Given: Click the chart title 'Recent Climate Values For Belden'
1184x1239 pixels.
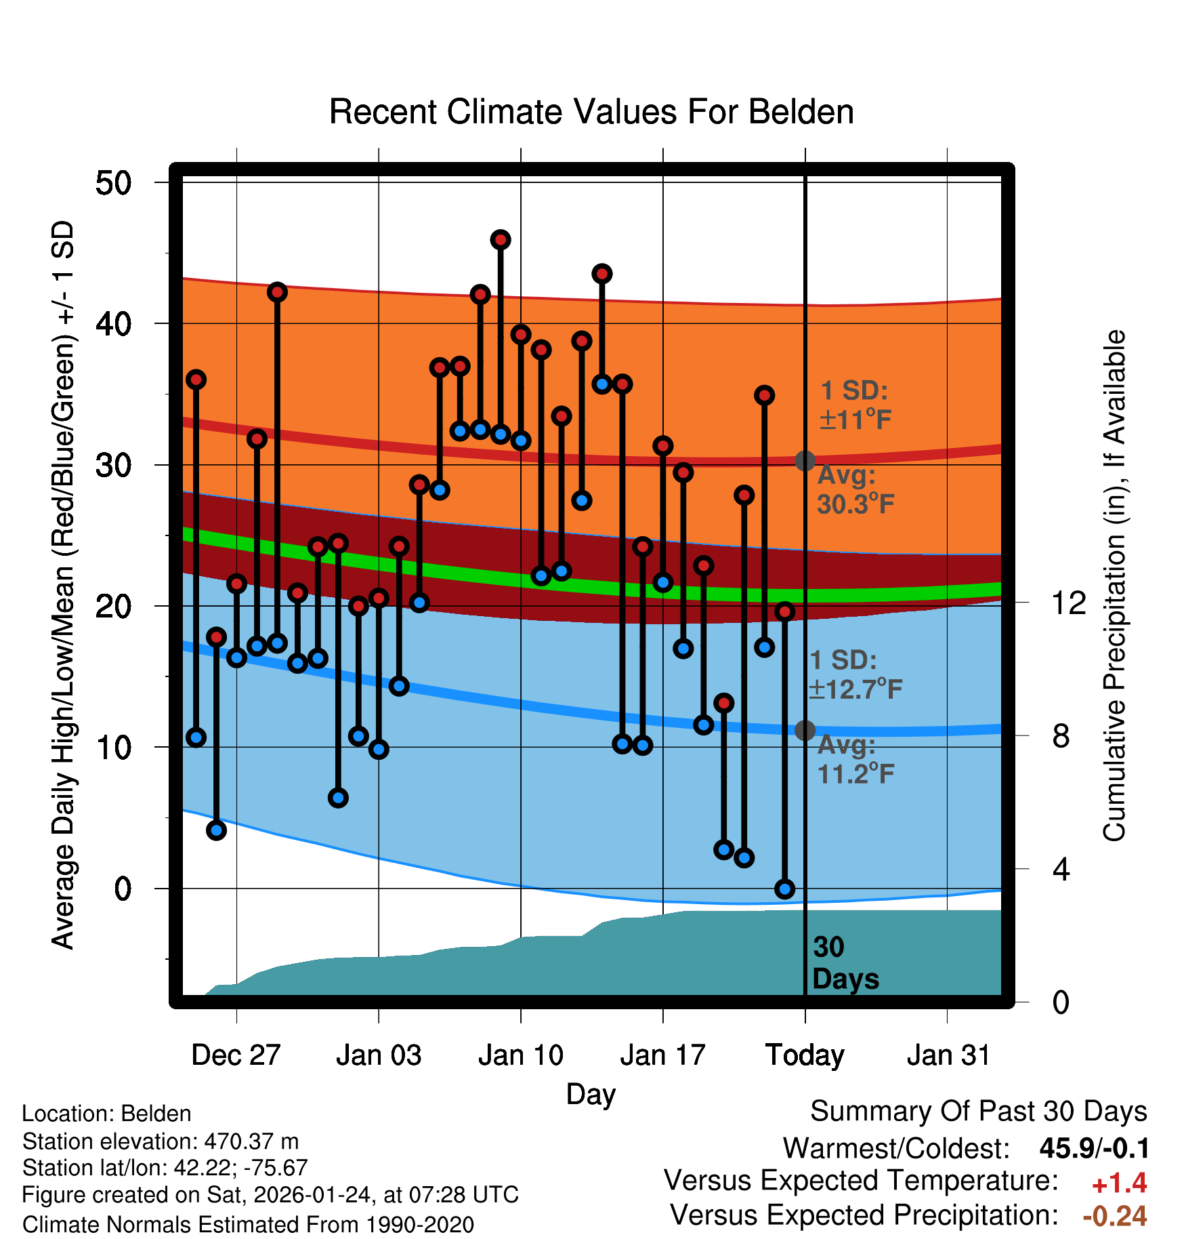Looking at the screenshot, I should (x=591, y=112).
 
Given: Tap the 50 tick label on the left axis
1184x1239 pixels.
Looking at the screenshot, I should (x=114, y=183).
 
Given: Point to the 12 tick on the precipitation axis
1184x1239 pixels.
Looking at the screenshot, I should (x=1069, y=603).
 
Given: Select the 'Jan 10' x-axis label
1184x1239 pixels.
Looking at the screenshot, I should (x=520, y=1055).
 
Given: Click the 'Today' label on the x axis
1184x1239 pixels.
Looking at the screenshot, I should (x=805, y=1055).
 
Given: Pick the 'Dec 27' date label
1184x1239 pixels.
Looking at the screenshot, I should (x=236, y=1055).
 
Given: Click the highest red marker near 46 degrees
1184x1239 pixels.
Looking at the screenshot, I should (x=501, y=240).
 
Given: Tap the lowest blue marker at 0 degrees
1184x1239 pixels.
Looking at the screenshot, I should (x=785, y=889).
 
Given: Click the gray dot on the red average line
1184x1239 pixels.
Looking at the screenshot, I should (x=805, y=461).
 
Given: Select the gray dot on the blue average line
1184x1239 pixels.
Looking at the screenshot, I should (x=805, y=730).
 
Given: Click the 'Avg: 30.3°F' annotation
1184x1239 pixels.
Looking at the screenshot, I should (x=855, y=489).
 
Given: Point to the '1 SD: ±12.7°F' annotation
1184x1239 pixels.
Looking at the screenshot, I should (x=855, y=675).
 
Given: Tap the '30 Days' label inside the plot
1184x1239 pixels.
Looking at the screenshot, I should (x=845, y=963).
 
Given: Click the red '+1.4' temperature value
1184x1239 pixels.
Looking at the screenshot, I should (x=1119, y=1183).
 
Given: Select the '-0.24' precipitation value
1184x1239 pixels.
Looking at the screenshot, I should (x=1114, y=1216).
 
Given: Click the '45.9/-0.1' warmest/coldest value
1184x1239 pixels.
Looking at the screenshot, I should (x=1094, y=1148).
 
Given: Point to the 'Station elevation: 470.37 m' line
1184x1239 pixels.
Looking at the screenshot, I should (x=161, y=1141).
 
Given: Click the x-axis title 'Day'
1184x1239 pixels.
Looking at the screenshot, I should (x=591, y=1094).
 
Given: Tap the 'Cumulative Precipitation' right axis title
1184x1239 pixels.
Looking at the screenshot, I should (x=1114, y=586).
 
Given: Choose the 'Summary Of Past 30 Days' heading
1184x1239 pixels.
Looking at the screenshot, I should (x=978, y=1112).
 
